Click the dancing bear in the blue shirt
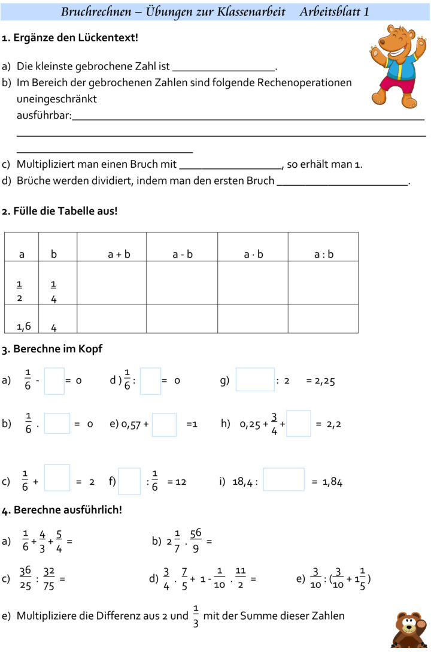(397, 65)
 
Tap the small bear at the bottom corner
(410, 630)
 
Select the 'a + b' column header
(119, 254)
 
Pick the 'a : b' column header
(324, 254)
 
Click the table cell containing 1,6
(24, 326)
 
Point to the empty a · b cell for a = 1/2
(253, 283)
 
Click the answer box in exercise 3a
(54, 381)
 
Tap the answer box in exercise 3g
(255, 380)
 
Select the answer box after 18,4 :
(284, 480)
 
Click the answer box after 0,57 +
(164, 424)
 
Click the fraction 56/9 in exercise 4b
(196, 541)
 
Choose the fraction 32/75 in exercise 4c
(49, 579)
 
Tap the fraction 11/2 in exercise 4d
(240, 579)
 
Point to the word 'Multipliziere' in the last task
(45, 615)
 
